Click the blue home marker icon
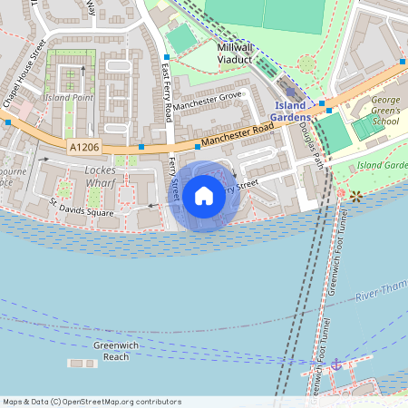point(204,194)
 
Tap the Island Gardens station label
point(291,112)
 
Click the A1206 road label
point(83,145)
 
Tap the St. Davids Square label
point(83,208)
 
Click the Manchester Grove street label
point(209,95)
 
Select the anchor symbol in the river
point(336,364)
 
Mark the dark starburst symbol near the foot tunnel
point(356,195)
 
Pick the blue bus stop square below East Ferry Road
point(141,145)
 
